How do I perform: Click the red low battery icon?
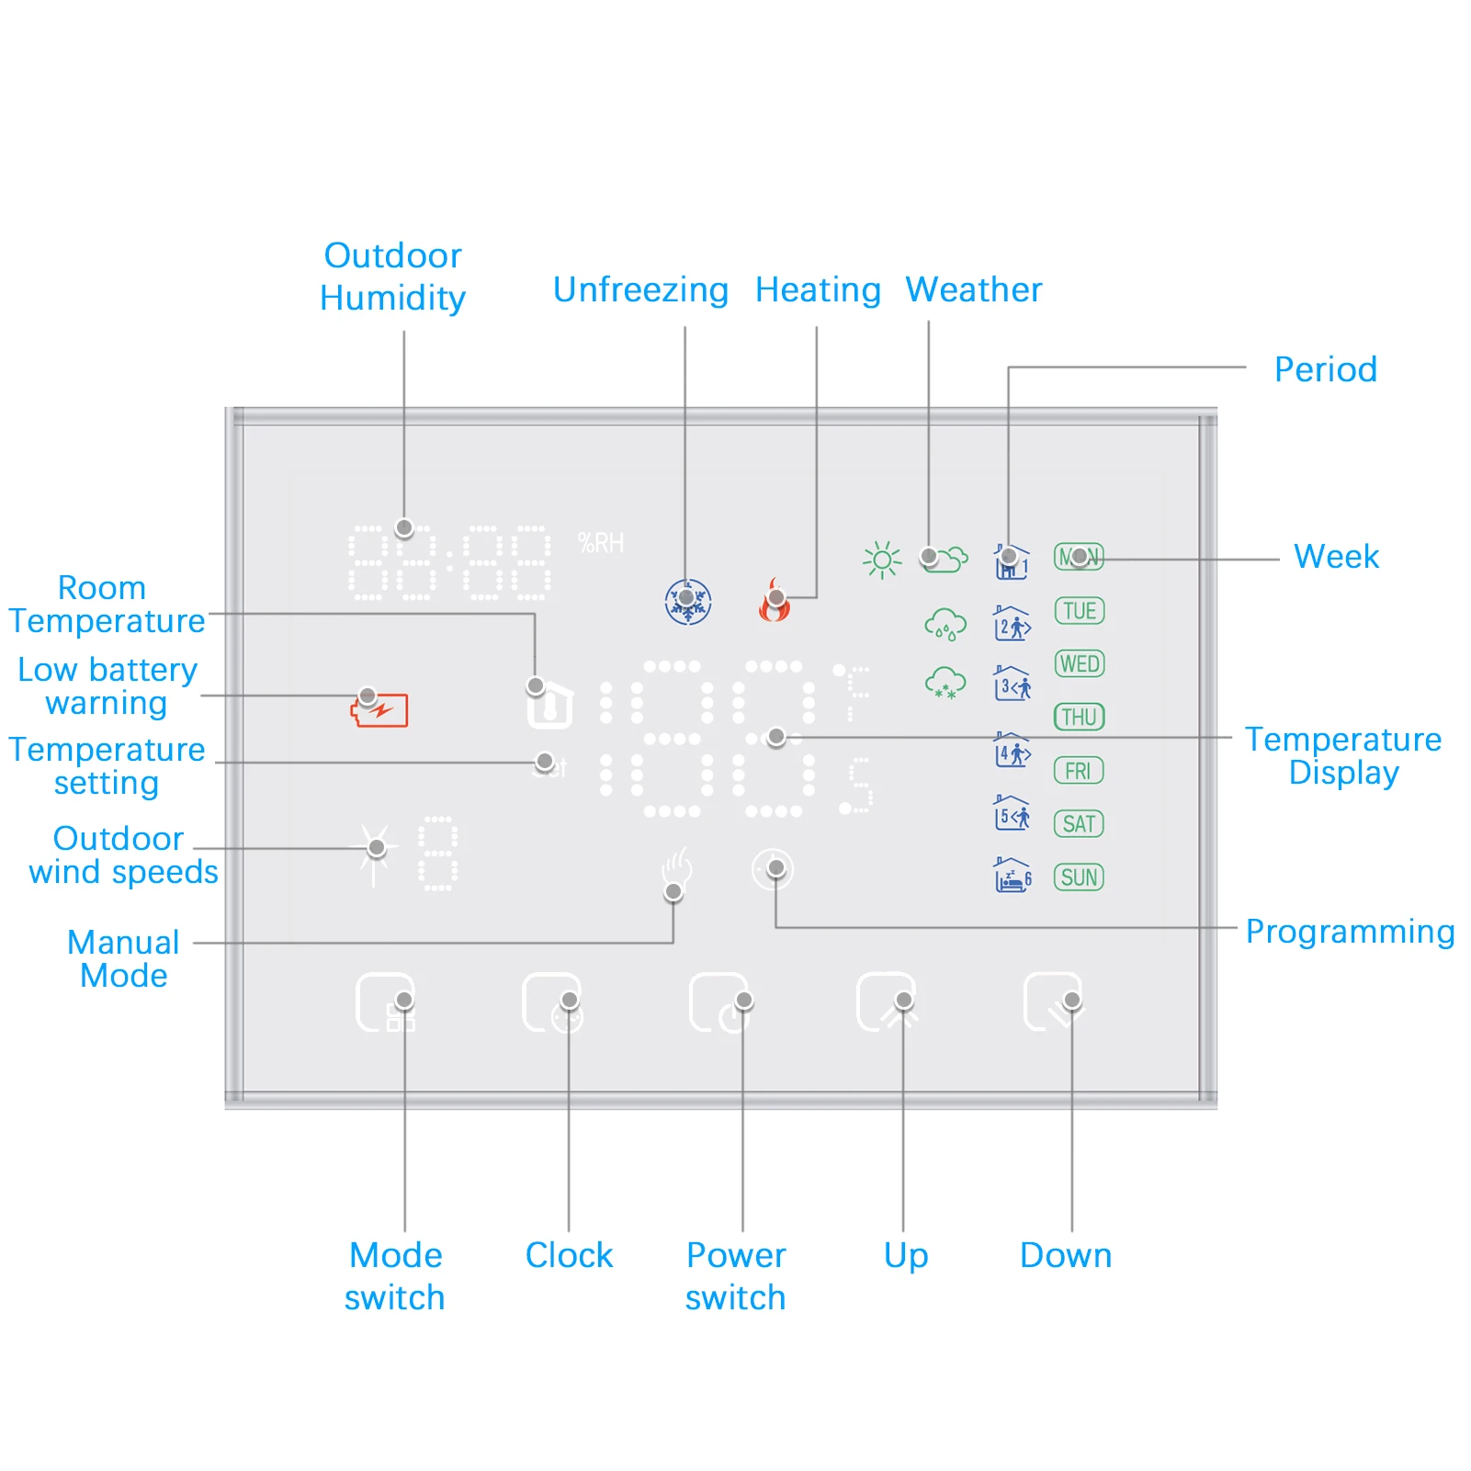pos(379,710)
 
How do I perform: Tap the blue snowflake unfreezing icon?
pos(687,603)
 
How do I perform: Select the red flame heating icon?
pos(774,602)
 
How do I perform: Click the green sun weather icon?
pos(882,560)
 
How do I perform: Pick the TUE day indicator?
pos(1079,611)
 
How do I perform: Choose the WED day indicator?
pos(1079,664)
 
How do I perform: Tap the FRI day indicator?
pos(1079,771)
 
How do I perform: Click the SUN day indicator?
pos(1079,877)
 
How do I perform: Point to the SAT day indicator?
pos(1079,824)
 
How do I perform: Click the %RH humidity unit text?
pos(601,544)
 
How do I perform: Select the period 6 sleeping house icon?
pos(1013,876)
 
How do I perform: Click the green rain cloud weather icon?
pos(945,625)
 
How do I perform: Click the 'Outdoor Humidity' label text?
pos(392,277)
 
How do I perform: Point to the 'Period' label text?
pos(1325,369)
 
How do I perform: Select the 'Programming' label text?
pos(1350,932)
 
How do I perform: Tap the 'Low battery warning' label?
pos(107,686)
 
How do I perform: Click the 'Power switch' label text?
pos(736,1276)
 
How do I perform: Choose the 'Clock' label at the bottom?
pos(569,1255)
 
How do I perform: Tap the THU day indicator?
pos(1079,718)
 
